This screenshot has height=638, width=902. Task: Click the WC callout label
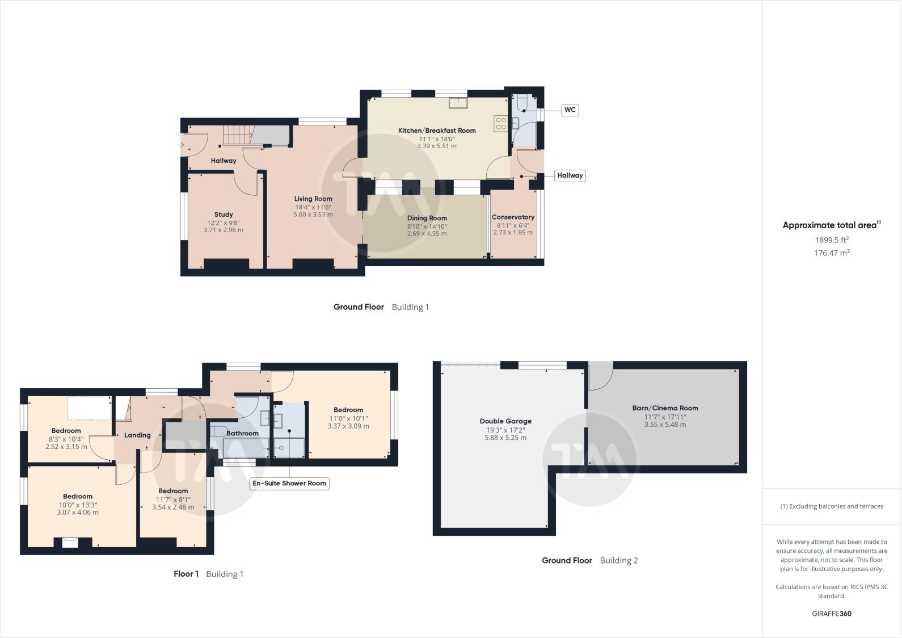(x=570, y=110)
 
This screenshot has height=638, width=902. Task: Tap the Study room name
(x=224, y=215)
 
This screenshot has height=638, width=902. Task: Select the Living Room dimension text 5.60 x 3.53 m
(x=313, y=215)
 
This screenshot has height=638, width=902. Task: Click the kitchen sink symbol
(x=457, y=103)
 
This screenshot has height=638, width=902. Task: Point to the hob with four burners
(x=500, y=123)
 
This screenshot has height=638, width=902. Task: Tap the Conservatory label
(x=513, y=217)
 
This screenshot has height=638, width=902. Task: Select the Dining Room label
(x=427, y=218)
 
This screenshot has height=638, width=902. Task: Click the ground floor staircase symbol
(x=237, y=136)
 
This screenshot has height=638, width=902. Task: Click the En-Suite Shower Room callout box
(x=289, y=484)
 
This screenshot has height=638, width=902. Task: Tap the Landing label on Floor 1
(x=137, y=435)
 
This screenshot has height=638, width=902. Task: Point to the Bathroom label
(x=242, y=433)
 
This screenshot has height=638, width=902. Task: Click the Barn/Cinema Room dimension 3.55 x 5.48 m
(x=665, y=425)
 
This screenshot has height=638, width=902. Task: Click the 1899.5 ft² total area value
(x=832, y=240)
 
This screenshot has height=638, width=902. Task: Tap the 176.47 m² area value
(x=832, y=253)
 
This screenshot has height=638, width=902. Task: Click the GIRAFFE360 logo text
(x=832, y=614)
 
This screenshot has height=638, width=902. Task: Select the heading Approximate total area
(x=829, y=225)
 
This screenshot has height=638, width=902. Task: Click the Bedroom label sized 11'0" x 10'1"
(x=348, y=410)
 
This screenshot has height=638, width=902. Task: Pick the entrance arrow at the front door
(x=181, y=145)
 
